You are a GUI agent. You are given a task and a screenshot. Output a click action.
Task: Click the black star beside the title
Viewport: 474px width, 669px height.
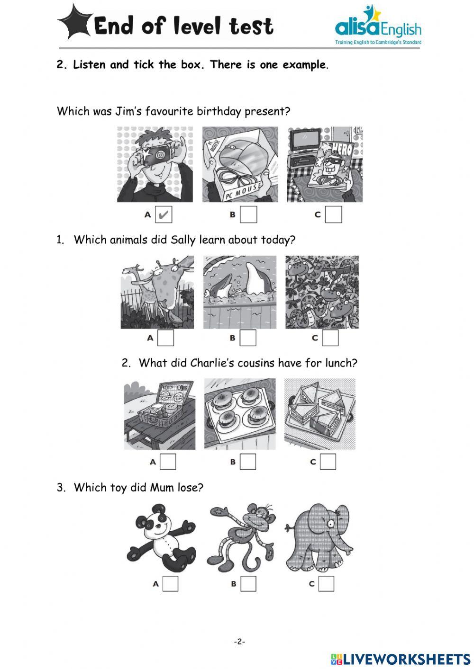(x=75, y=22)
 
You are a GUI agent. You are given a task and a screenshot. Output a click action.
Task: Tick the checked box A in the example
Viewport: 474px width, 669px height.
(x=164, y=215)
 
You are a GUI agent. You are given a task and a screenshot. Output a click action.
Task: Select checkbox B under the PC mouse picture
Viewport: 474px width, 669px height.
(x=248, y=214)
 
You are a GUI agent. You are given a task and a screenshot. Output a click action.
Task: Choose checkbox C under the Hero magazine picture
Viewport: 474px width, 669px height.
(x=333, y=214)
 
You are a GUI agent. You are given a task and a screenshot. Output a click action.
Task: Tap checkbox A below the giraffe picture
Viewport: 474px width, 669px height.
(x=165, y=338)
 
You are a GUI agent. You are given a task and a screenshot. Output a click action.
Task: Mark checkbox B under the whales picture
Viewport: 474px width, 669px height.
(x=248, y=338)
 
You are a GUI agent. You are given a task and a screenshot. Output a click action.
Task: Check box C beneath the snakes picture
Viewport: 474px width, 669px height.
(x=330, y=338)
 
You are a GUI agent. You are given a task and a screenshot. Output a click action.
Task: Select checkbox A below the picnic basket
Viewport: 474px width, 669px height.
(x=168, y=462)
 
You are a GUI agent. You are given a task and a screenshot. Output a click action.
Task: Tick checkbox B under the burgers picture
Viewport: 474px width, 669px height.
(x=248, y=462)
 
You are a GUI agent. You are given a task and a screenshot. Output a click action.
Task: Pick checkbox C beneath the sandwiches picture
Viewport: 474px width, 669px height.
(x=328, y=462)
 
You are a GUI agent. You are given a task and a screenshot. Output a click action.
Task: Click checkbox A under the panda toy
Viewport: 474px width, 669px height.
(x=171, y=584)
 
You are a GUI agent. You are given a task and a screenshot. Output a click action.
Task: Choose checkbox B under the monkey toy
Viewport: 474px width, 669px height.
(x=248, y=584)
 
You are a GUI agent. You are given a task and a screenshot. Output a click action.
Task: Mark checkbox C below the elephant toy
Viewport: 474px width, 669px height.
(x=326, y=584)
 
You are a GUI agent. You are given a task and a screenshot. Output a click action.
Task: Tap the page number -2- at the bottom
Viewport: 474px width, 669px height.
(x=239, y=642)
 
